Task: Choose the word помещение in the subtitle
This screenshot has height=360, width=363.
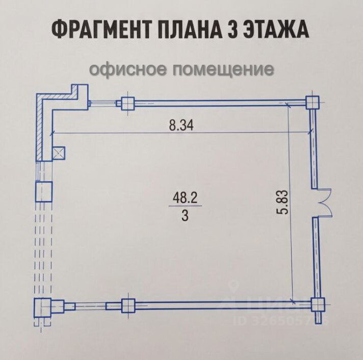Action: coord(223,69)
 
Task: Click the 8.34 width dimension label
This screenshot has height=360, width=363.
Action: coord(182,125)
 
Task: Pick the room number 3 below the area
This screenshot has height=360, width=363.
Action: coord(185,216)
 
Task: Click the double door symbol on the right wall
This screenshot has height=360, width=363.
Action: coord(323,202)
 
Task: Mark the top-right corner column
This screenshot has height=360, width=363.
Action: coord(312,101)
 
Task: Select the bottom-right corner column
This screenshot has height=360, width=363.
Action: coord(318,304)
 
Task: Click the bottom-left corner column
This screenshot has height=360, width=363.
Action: coord(42,307)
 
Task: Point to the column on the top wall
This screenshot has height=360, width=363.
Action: coord(127,103)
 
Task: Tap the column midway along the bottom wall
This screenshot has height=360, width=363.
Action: coord(127,306)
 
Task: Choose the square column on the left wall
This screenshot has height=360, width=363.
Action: coord(43,191)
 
